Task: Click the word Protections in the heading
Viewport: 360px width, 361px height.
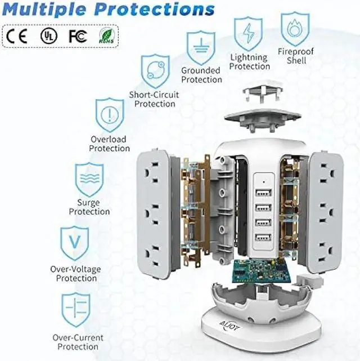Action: pyautogui.click(x=160, y=10)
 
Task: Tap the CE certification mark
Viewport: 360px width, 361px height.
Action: pyautogui.click(x=17, y=35)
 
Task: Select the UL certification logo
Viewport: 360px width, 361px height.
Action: pyautogui.click(x=47, y=35)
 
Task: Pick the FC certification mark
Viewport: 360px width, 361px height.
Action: pyautogui.click(x=77, y=35)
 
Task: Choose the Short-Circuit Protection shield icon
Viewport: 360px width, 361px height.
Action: pyautogui.click(x=155, y=71)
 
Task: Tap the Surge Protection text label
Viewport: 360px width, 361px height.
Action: pyautogui.click(x=89, y=207)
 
